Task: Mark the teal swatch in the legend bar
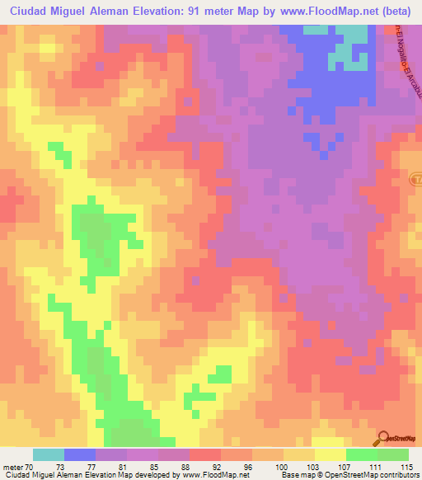click(x=49, y=454)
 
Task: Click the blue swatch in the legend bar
click(x=80, y=454)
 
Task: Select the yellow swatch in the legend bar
click(x=331, y=454)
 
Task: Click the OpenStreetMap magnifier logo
click(x=384, y=438)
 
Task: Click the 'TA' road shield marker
click(x=417, y=178)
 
